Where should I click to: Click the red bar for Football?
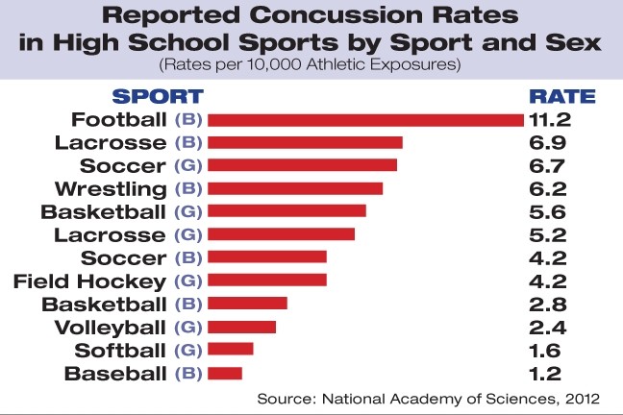(365, 119)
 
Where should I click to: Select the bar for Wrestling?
(295, 188)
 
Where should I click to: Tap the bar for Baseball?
(225, 373)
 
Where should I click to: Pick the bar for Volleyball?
(241, 327)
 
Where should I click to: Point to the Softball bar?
(231, 350)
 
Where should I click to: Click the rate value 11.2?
(550, 119)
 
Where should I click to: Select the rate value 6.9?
(550, 142)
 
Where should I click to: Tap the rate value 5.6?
(550, 211)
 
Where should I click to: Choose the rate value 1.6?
(550, 350)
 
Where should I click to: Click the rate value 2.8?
(550, 304)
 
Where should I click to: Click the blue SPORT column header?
(159, 96)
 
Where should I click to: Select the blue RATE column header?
(562, 96)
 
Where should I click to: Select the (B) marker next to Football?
(187, 120)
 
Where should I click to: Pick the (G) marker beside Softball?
(187, 351)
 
